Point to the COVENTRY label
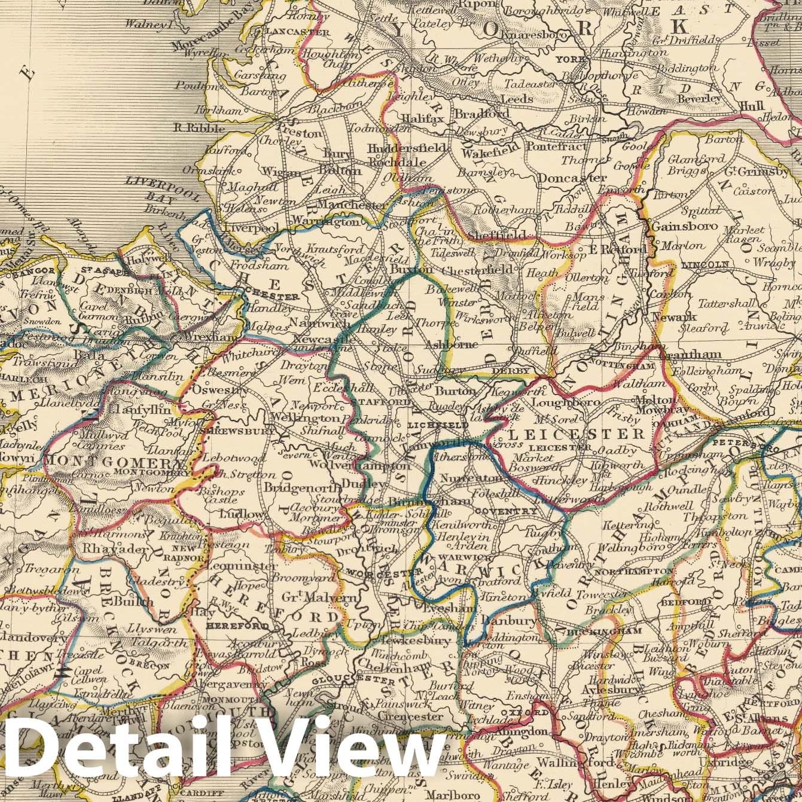click(504, 511)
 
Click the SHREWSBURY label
click(239, 431)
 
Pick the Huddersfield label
click(408, 148)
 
